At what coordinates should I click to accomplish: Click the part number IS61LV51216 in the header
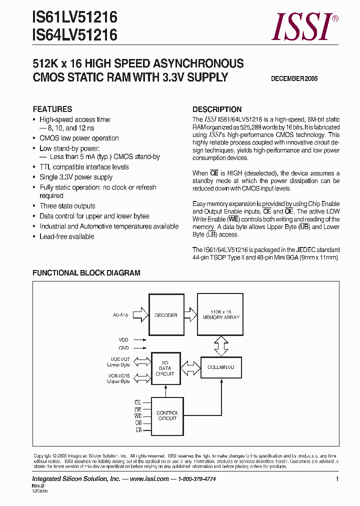pyautogui.click(x=75, y=18)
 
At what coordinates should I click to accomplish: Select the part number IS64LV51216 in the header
pyautogui.click(x=75, y=35)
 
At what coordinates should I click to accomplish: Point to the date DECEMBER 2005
pyautogui.click(x=294, y=78)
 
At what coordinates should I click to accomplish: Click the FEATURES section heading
pyautogui.click(x=52, y=109)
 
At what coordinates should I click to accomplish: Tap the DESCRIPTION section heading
pyautogui.click(x=217, y=109)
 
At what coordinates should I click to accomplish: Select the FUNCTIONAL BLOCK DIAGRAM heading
pyautogui.click(x=86, y=273)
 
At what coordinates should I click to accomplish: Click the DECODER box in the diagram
pyautogui.click(x=165, y=315)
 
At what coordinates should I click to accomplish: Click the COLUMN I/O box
pyautogui.click(x=221, y=367)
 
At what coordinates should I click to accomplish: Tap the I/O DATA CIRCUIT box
pyautogui.click(x=165, y=370)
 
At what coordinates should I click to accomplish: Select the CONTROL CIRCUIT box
pyautogui.click(x=167, y=415)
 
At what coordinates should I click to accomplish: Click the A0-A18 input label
pyautogui.click(x=120, y=315)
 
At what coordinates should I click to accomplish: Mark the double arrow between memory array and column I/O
pyautogui.click(x=221, y=344)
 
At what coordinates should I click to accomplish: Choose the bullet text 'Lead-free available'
pyautogui.click(x=66, y=236)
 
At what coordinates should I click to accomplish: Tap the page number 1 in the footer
pyautogui.click(x=337, y=479)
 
